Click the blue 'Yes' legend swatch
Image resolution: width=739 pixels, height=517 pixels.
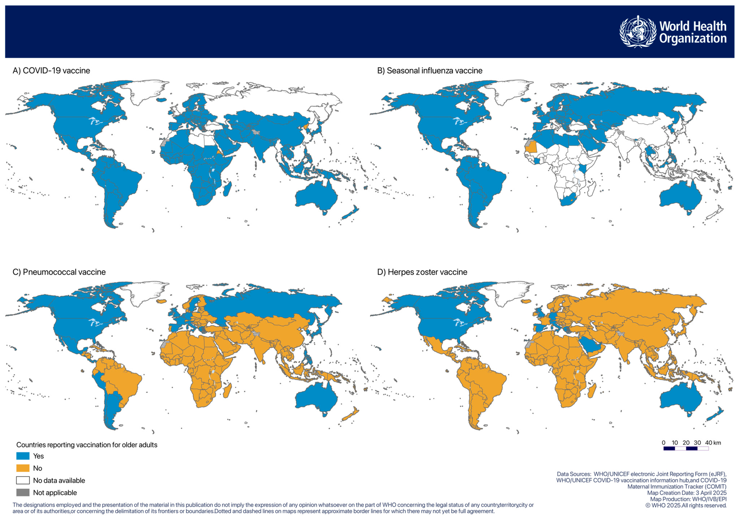(23, 456)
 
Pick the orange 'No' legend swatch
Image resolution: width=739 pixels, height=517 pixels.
(23, 468)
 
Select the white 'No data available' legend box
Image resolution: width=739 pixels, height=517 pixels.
(23, 480)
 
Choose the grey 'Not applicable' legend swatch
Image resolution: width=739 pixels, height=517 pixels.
(23, 493)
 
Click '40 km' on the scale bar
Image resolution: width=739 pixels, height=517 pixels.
(713, 443)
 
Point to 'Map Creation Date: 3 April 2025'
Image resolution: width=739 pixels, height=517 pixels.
(687, 493)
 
